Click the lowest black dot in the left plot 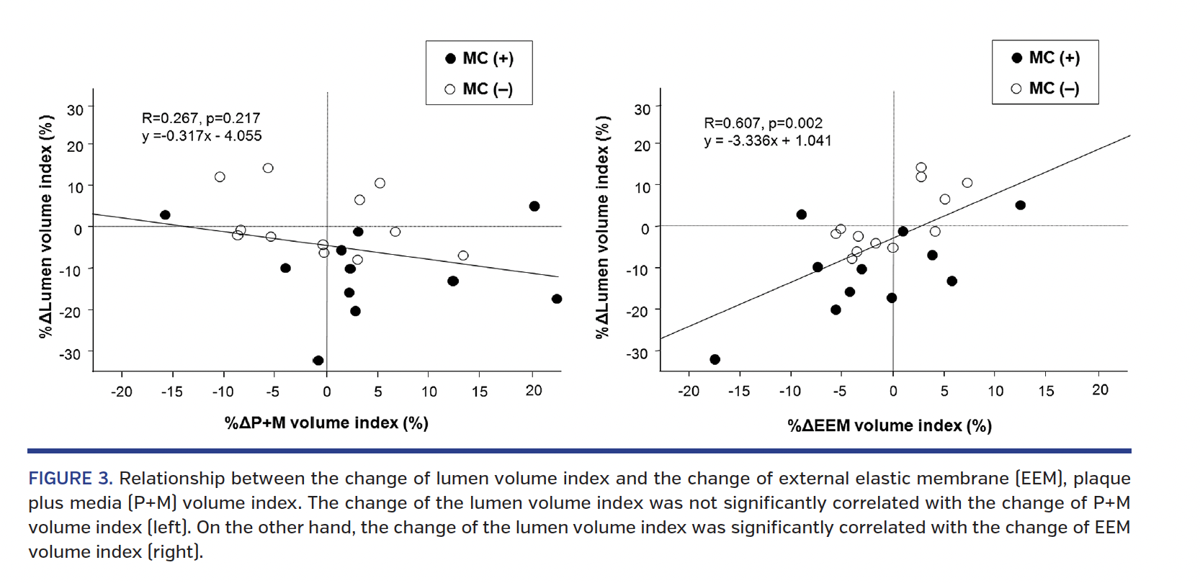[318, 361]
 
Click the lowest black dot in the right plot [715, 359]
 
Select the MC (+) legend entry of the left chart [480, 58]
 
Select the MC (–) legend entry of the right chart [1046, 89]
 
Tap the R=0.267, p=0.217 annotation [201, 118]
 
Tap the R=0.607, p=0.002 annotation [763, 123]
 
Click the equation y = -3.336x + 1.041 [767, 141]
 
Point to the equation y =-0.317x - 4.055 [202, 136]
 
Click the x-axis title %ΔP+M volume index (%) [326, 422]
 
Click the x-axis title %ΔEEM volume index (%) [890, 425]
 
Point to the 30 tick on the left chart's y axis [75, 110]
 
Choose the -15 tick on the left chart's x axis [172, 392]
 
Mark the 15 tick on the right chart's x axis [1046, 391]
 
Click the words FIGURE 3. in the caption [70, 479]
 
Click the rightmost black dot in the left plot [557, 299]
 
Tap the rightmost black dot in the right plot [1020, 205]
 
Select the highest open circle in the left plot [268, 168]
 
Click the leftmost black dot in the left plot [165, 215]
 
